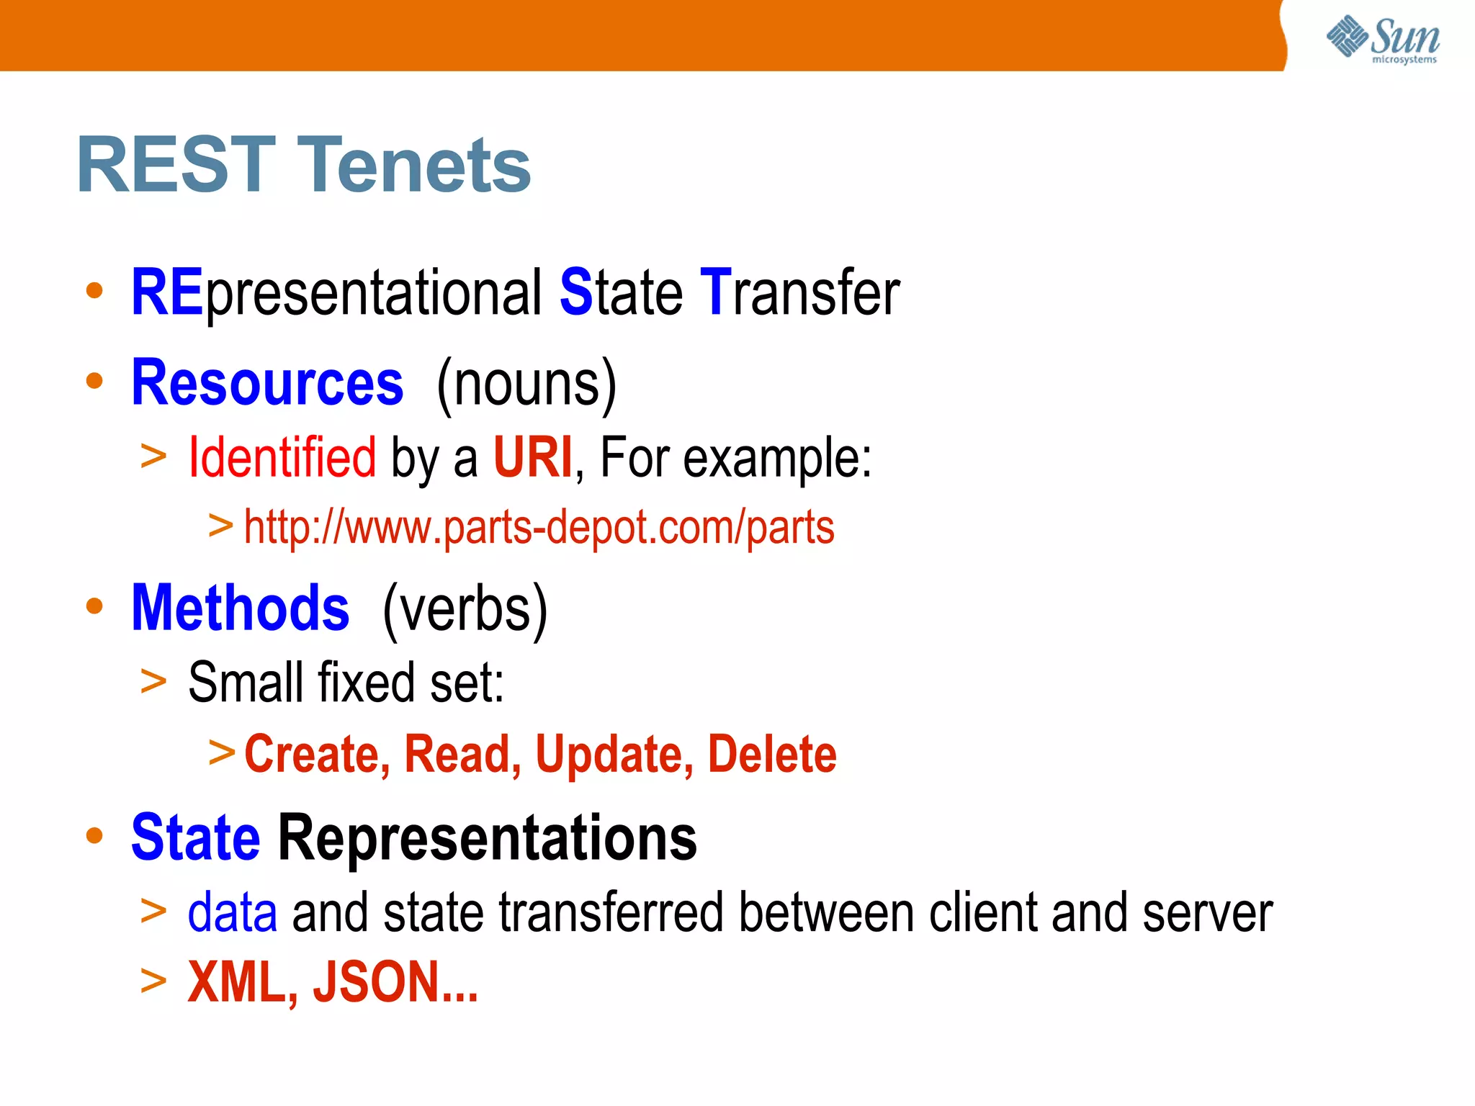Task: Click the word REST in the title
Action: pos(176,165)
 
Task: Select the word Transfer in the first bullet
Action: pos(799,292)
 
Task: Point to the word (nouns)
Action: pos(526,384)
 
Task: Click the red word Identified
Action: pos(282,457)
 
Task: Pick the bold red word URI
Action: pos(533,457)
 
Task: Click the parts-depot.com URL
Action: pos(539,527)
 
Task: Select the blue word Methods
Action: pos(241,608)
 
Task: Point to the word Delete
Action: pos(772,754)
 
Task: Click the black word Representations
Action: pos(488,837)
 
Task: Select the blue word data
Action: pos(232,912)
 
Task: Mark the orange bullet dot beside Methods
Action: pos(94,606)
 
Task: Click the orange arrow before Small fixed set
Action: pos(153,680)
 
